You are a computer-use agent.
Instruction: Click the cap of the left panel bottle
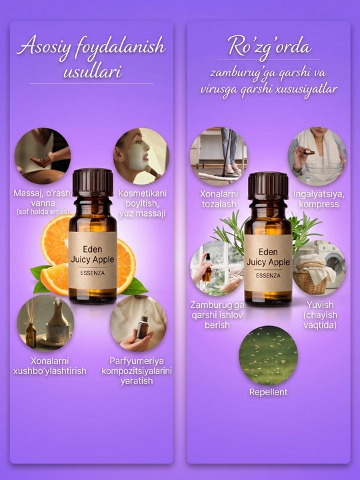tap(93, 183)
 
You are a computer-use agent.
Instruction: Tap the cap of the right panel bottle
tap(268, 186)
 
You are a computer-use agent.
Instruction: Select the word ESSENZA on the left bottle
tap(93, 273)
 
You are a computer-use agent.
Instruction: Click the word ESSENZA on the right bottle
tap(268, 275)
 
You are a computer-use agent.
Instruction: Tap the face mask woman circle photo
tap(141, 156)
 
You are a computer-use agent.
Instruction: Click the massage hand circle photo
tap(43, 156)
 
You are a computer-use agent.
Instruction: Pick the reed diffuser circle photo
tap(45, 323)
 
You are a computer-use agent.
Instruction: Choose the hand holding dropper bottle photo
tap(139, 323)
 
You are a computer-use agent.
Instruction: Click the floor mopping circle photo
tap(219, 156)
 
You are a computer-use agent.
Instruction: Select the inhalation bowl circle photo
tap(317, 156)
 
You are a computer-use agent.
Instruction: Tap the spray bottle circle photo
tap(217, 269)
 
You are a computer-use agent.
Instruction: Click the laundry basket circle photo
tap(319, 268)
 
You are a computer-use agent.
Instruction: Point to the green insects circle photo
tap(268, 355)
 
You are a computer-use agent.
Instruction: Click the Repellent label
tap(268, 392)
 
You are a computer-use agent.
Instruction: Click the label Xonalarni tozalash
tap(219, 199)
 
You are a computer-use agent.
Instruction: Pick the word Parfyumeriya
tap(137, 361)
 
